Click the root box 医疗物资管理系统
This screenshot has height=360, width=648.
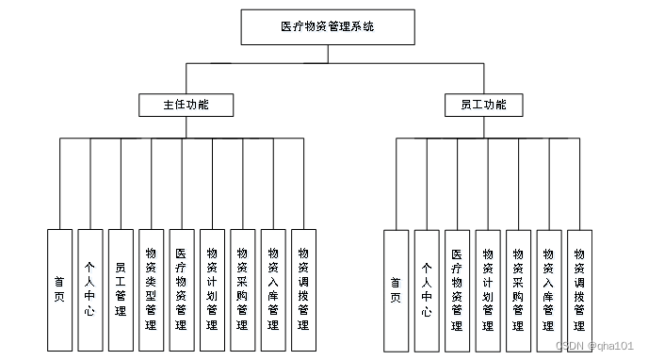pos(328,27)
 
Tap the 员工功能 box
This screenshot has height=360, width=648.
pos(483,105)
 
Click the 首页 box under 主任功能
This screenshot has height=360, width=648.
pos(59,289)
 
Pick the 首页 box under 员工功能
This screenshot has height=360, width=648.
pos(396,289)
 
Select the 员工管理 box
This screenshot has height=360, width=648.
pos(121,289)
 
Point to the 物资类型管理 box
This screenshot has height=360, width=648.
pos(151,289)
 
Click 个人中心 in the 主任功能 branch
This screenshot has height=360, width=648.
pos(89,289)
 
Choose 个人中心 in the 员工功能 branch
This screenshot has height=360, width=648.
pos(426,289)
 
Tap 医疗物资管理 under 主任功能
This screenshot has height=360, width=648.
pos(182,289)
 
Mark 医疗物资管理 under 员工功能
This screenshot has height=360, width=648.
pos(457,289)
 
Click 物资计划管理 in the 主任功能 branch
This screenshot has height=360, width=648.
pos(212,289)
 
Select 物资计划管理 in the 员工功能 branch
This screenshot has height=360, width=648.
pos(487,289)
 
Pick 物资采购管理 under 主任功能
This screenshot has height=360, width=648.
pos(243,289)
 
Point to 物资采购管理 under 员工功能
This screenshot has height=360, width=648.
pos(518,289)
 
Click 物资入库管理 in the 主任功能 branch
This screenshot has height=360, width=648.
pos(273,289)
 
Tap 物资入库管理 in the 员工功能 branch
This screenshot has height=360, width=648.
pos(548,289)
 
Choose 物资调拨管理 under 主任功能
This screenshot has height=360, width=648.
pos(303,289)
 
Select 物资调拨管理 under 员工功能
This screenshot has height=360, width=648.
pos(579,289)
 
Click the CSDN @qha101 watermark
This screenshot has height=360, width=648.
pos(595,346)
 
